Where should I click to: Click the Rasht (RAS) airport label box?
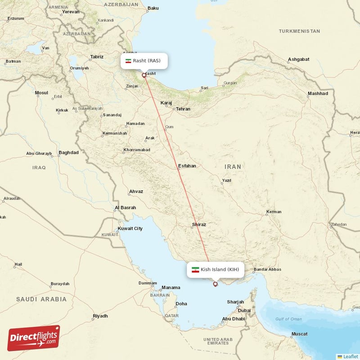tap(144, 61)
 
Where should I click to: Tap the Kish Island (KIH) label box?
tap(216, 270)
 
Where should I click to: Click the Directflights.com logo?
tap(34, 338)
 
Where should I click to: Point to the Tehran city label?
tap(183, 109)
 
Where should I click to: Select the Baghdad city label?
tap(68, 153)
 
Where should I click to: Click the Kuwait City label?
tap(130, 229)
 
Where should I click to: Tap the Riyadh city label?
tap(100, 316)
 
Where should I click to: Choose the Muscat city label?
tap(299, 334)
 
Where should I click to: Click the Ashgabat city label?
tap(299, 59)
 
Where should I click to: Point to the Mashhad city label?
tap(318, 94)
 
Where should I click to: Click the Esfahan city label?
tap(187, 166)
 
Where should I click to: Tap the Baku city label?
tap(153, 8)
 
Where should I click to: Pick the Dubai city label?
tap(244, 310)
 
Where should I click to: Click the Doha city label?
tap(181, 304)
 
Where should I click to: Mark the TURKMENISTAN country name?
tap(299, 31)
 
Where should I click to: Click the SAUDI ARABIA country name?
tap(41, 299)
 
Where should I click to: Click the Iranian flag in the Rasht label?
tap(128, 61)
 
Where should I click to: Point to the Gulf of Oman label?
tap(288, 319)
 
